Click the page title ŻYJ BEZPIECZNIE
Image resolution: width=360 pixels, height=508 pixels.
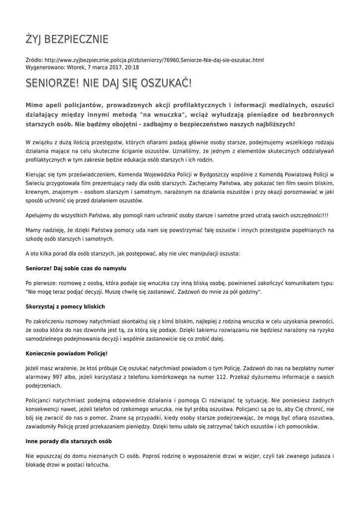(x=67, y=39)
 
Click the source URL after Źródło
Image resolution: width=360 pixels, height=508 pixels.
(x=154, y=60)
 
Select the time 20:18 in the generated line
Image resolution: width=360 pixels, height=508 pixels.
(x=132, y=67)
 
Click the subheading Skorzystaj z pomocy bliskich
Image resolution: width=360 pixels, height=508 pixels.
(x=65, y=307)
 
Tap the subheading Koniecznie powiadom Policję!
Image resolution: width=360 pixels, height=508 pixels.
(x=67, y=353)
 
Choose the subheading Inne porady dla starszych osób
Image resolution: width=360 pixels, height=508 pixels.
(x=69, y=441)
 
